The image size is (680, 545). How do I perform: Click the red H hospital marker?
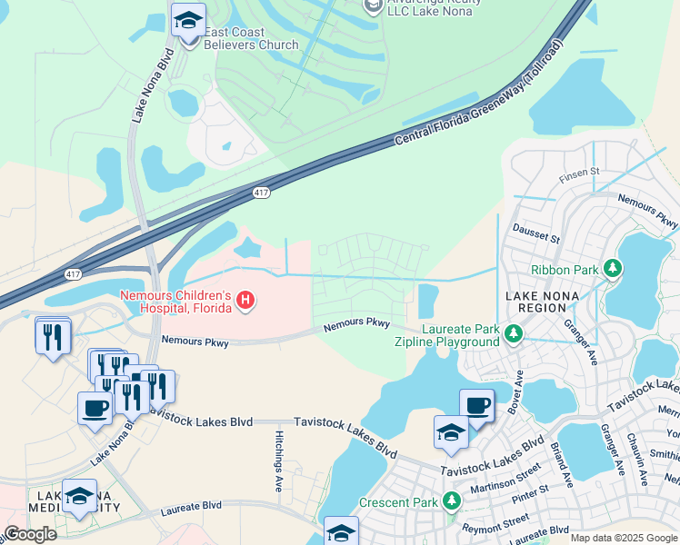point(244,301)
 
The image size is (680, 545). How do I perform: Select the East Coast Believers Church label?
point(250,38)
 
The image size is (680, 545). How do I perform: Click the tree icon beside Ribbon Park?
point(614,269)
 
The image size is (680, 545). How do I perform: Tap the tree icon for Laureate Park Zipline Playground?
point(514,335)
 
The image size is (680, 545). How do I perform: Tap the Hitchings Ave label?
point(279,461)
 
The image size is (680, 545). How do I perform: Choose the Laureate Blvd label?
point(192,506)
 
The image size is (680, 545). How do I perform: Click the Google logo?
point(30,534)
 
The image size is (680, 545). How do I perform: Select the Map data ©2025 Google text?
point(623,538)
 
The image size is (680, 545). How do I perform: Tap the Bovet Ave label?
point(517,390)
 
